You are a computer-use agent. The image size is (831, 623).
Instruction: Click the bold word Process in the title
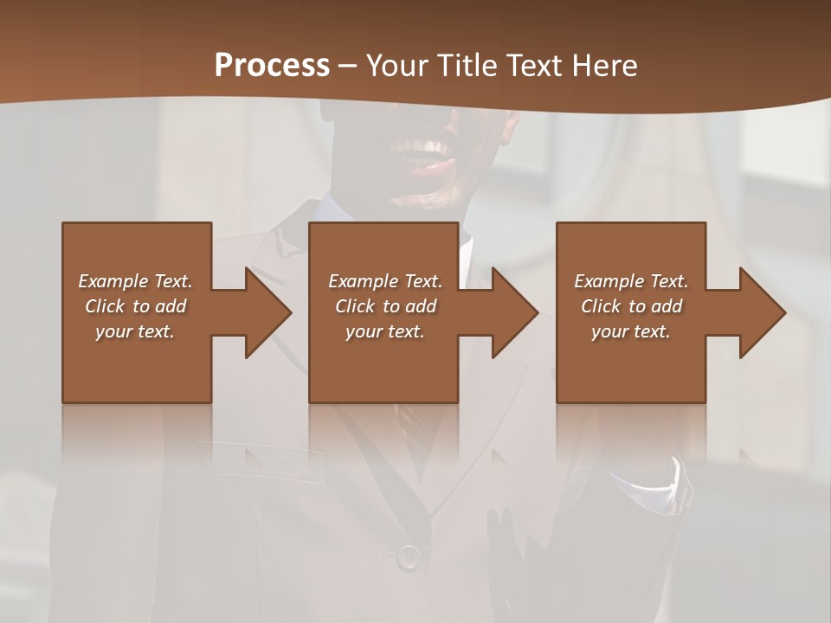pos(272,66)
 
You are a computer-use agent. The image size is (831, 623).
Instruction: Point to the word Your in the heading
pos(396,66)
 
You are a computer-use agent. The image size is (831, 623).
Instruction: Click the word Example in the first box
pos(112,281)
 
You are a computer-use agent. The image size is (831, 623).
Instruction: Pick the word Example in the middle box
pos(362,281)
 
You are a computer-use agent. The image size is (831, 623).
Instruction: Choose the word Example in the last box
pos(608,281)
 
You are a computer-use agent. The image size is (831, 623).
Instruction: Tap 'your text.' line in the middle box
pos(384,331)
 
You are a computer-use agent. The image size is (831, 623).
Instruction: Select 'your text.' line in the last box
pos(630,331)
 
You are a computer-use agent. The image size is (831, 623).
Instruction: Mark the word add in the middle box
pos(421,306)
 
